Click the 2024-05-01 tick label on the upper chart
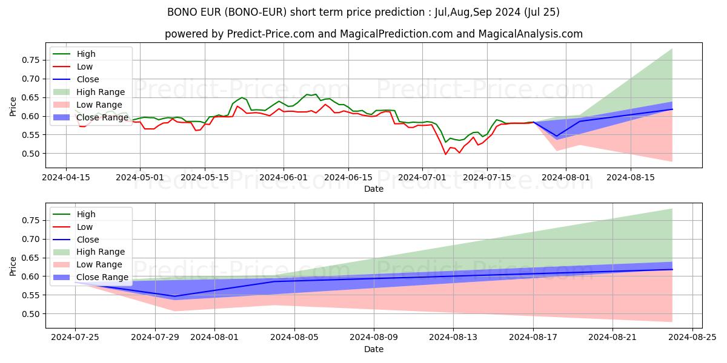(x=140, y=177)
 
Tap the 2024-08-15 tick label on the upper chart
(x=631, y=177)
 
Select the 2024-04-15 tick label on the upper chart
(x=65, y=177)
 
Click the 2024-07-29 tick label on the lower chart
(x=155, y=338)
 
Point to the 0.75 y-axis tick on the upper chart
(x=30, y=60)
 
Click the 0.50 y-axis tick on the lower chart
(x=30, y=314)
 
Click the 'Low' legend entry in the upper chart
(x=86, y=67)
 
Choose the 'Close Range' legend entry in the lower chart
(x=102, y=277)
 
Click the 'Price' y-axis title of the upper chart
(x=13, y=106)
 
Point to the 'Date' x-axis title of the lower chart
(x=374, y=349)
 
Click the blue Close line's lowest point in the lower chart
(x=175, y=296)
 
